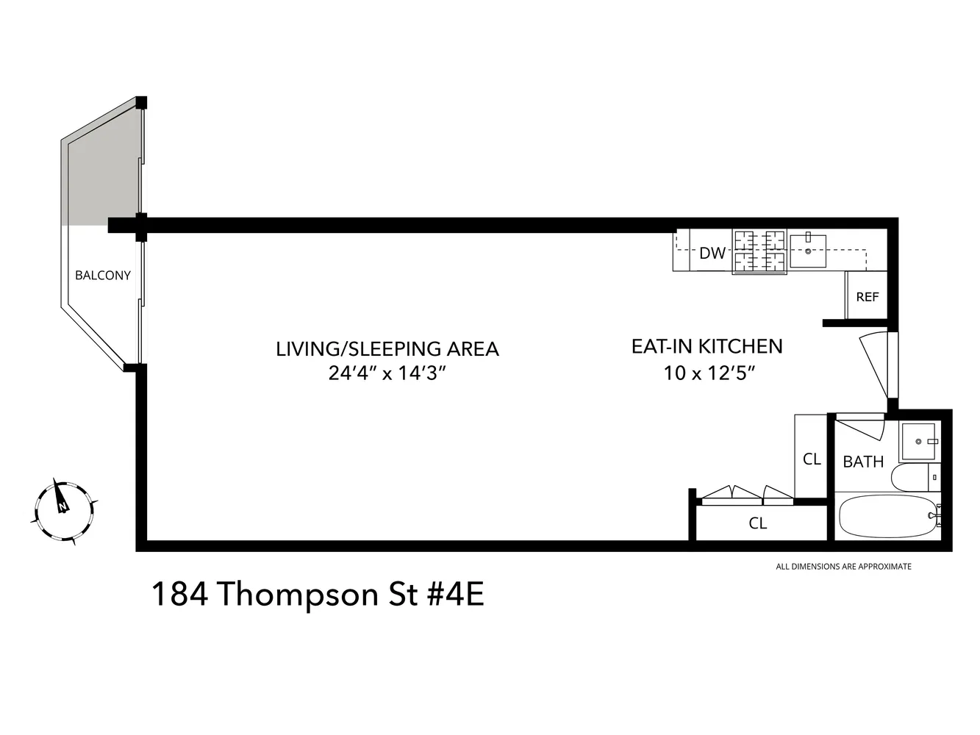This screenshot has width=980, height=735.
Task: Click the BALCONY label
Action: tap(103, 276)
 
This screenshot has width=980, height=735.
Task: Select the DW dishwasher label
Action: tap(712, 254)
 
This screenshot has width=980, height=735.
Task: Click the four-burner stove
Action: tap(759, 251)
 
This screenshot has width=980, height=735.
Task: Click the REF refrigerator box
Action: tap(867, 297)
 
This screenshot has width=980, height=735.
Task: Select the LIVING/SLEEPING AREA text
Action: tap(387, 348)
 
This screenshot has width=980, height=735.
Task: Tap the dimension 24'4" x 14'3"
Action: tap(387, 373)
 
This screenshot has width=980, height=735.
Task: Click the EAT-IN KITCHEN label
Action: tap(707, 346)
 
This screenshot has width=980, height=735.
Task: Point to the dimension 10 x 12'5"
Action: tap(709, 373)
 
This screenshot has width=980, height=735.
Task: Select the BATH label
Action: tap(863, 462)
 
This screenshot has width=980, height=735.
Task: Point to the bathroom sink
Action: tap(918, 442)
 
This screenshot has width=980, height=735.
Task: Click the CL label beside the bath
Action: tap(812, 459)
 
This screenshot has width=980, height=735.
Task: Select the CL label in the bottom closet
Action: tap(758, 523)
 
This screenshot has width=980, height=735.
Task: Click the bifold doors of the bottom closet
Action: tap(746, 495)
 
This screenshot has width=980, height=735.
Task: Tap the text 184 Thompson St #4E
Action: tap(318, 595)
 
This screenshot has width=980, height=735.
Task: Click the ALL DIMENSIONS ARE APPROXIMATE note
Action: tap(843, 567)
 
